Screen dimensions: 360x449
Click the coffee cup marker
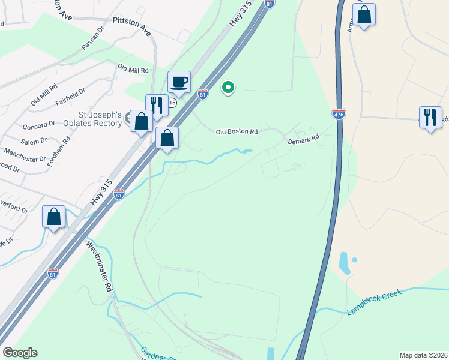point(179,82)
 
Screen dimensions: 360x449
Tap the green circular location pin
point(228,88)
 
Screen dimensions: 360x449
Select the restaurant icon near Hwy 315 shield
point(157,106)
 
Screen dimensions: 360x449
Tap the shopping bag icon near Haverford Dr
point(54,217)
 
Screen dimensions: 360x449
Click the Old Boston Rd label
point(237,131)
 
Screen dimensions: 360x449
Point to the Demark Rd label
point(303,140)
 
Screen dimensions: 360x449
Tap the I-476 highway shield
point(339,114)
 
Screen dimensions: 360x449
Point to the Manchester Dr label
point(25,155)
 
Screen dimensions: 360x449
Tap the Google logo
point(19,353)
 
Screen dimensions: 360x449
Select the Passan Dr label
point(92,38)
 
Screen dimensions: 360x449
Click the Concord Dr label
point(38,125)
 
